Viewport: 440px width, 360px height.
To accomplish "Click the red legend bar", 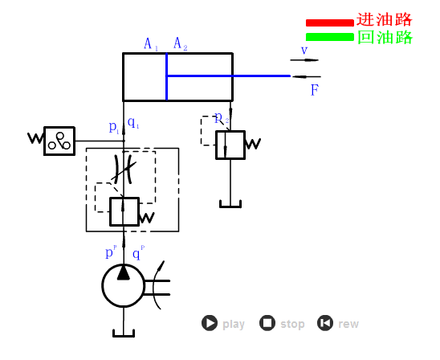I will pos(329,22).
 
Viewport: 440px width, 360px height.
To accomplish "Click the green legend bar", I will pos(329,37).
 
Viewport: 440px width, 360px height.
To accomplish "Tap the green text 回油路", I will pos(384,37).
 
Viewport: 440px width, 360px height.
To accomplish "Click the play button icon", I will pos(210,323).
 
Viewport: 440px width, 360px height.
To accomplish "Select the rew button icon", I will pos(325,323).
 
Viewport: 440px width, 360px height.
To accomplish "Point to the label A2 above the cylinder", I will pos(181,44).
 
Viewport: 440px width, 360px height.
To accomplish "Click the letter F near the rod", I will pos(315,90).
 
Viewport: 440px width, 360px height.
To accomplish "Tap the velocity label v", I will pos(304,51).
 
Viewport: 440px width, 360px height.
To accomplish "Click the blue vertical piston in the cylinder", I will pos(166,77).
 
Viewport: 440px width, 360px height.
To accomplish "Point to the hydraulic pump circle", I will pos(123,285).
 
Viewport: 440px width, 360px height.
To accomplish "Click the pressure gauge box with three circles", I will pos(59,141).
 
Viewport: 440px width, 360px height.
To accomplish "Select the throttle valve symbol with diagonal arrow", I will pos(124,168).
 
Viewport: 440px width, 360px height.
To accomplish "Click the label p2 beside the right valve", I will pos(221,118).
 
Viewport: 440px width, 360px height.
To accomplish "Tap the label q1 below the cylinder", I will pos(133,124).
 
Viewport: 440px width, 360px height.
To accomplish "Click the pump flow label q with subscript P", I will pos(137,253).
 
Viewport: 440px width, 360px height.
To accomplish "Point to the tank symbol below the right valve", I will pos(230,204).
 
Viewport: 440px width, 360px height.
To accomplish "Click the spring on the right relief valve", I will pos(253,145).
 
